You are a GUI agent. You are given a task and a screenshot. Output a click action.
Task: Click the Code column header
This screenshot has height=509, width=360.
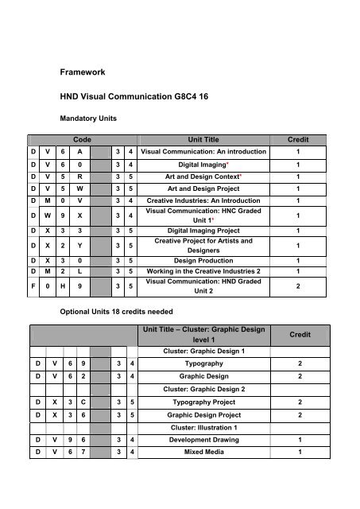[82, 139]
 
